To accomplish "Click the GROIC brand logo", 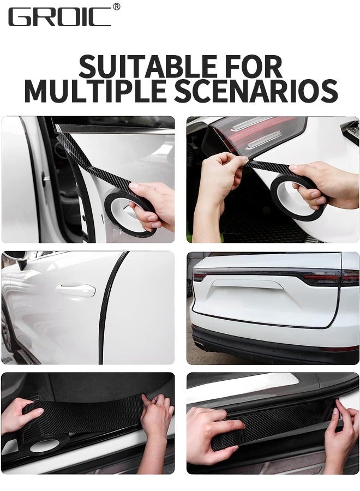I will (59, 16).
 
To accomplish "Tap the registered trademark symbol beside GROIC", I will (116, 7).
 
